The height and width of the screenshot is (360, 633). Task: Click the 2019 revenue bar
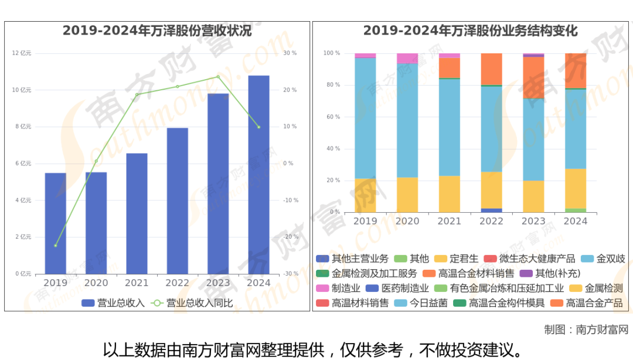coord(56,223)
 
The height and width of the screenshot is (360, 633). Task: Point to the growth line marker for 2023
coord(218,77)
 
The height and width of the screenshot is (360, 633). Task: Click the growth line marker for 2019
coord(56,245)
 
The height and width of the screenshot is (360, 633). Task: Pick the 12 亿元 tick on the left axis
coord(22,53)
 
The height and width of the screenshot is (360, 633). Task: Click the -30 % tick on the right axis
coord(290,274)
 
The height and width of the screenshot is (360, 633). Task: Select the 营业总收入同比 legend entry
coord(193,303)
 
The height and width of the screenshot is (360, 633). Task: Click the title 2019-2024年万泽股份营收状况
coord(157,31)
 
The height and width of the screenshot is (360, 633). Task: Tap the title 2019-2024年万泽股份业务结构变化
coord(471,31)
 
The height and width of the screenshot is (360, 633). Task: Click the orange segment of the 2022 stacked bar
coord(491,69)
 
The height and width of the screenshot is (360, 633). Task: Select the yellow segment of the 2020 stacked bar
coord(407,195)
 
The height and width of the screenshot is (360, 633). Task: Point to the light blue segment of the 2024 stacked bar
coord(575,128)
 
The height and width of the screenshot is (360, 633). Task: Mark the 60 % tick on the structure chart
coord(332,117)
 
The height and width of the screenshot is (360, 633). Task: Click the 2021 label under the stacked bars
coord(449,221)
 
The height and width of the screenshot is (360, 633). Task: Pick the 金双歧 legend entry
coord(603,259)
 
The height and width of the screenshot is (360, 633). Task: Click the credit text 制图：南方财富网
coord(586,329)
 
